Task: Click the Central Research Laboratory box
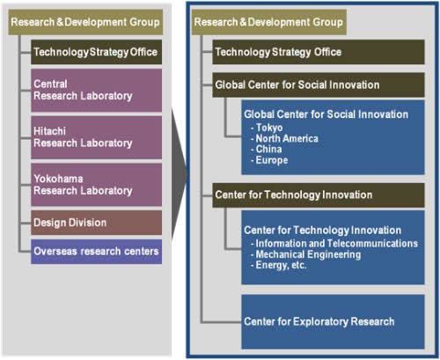click(x=96, y=90)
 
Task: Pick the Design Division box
click(x=96, y=223)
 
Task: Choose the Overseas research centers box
click(x=96, y=252)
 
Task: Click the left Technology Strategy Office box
click(x=96, y=52)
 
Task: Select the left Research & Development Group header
click(x=85, y=21)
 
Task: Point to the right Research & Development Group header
click(x=267, y=21)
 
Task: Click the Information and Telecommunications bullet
click(x=335, y=243)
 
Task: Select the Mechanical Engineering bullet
click(x=310, y=254)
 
